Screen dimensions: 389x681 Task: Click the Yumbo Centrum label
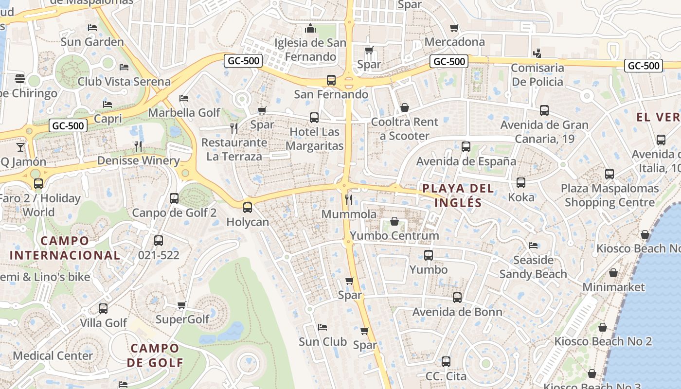pos(394,236)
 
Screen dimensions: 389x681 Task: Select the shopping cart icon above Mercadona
pos(454,28)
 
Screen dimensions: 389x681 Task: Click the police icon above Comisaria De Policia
pos(537,53)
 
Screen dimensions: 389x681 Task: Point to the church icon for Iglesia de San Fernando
pos(310,29)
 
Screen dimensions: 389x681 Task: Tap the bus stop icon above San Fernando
pos(331,80)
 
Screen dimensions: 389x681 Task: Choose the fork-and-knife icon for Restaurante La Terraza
pos(234,128)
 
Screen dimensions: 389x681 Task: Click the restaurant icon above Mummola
pos(348,199)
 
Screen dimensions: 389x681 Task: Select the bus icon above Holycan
pos(248,207)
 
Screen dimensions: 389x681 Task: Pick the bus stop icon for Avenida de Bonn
pos(457,297)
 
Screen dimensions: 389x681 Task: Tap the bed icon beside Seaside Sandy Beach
pos(533,246)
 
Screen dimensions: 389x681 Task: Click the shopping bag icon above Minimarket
pos(613,273)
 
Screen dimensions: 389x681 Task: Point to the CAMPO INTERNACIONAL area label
pos(65,248)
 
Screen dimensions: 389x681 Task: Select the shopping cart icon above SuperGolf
pos(182,305)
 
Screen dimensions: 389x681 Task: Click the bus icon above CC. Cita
pos(446,361)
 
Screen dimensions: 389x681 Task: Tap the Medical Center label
pos(53,355)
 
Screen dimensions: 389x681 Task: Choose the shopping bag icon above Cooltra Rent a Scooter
pos(405,107)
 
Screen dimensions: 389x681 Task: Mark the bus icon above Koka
pos(521,183)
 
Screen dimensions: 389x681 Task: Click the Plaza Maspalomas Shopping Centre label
pos(609,195)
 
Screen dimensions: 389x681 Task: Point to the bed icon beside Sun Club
pos(322,327)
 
